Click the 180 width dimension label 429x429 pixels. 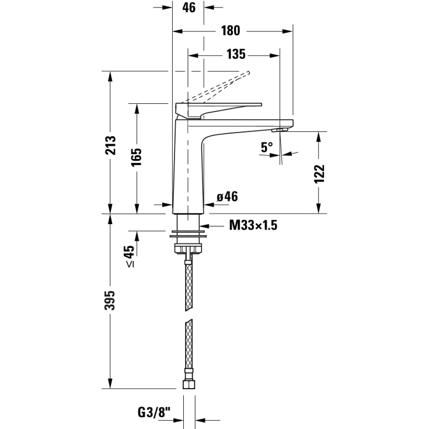pyautogui.click(x=231, y=30)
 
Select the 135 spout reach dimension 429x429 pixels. pyautogui.click(x=236, y=54)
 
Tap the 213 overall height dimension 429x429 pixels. pyautogui.click(x=110, y=145)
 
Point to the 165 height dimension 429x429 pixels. pyautogui.click(x=136, y=157)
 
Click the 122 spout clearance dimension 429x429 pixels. pyautogui.click(x=319, y=174)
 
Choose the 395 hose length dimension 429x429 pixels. pyautogui.click(x=110, y=301)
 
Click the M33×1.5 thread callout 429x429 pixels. pyautogui.click(x=253, y=225)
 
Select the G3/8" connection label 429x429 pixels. pyautogui.click(x=154, y=412)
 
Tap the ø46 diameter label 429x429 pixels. pyautogui.click(x=227, y=197)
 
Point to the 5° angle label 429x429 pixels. pyautogui.click(x=267, y=147)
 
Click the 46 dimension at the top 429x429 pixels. pyautogui.click(x=189, y=8)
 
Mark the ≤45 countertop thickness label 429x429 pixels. pyautogui.click(x=130, y=256)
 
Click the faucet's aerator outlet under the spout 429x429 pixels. pyautogui.click(x=280, y=130)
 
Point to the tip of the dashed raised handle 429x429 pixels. pyautogui.click(x=249, y=73)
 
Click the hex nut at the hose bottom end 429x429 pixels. pyautogui.click(x=189, y=385)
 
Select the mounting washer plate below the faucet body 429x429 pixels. pyautogui.click(x=188, y=235)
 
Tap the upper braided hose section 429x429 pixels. pyautogui.click(x=189, y=287)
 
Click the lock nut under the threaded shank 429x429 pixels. pyautogui.click(x=188, y=249)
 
